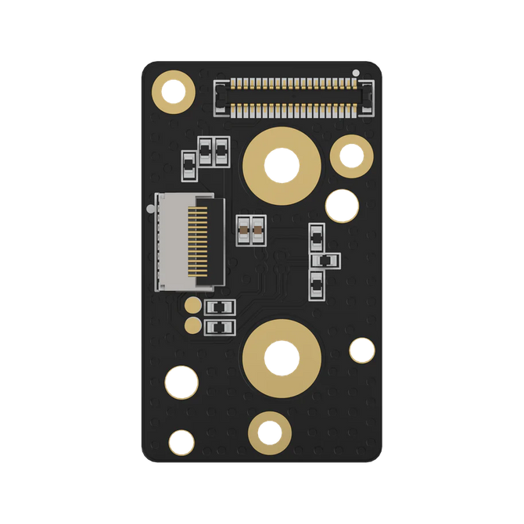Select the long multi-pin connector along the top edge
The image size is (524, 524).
[x=293, y=97]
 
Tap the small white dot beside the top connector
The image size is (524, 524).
[x=356, y=74]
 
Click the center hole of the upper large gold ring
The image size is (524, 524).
[x=282, y=165]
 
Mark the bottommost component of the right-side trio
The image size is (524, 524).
[x=317, y=283]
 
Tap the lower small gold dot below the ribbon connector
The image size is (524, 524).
[x=192, y=324]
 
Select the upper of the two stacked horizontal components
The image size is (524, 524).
[x=219, y=307]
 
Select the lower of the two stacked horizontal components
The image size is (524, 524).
[x=219, y=327]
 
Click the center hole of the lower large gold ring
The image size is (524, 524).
[x=281, y=358]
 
